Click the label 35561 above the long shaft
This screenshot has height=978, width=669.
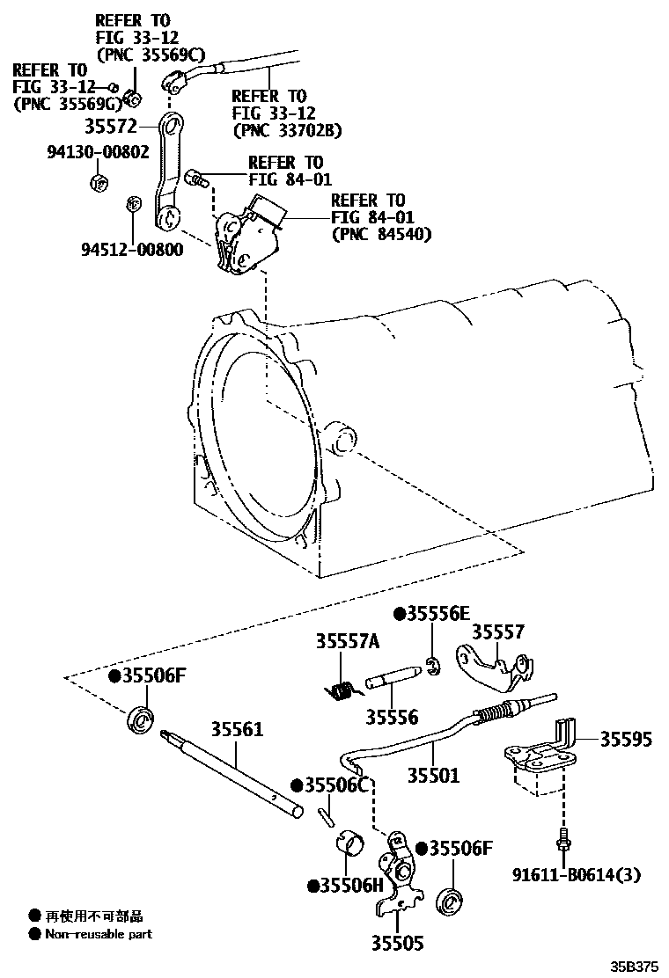236,730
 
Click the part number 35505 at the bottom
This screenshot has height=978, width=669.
397,944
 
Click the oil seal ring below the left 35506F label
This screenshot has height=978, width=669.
140,719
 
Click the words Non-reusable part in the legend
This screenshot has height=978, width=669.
99,934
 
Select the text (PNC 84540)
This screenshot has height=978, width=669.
381,234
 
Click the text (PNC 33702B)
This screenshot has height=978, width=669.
286,130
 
